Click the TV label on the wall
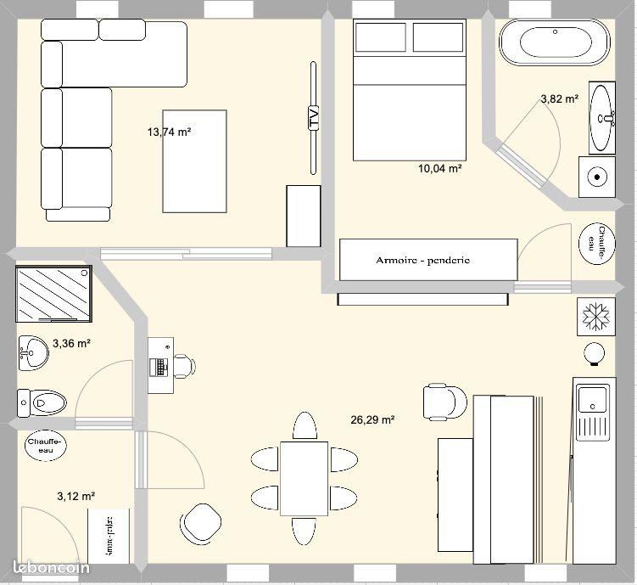314,118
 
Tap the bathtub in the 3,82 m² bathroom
554,42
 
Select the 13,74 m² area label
169,132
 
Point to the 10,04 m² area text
439,168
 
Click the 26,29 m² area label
372,419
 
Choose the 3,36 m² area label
71,344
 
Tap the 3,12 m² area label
75,496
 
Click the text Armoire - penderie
422,260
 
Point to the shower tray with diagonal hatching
53,294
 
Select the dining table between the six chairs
304,478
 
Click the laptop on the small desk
159,367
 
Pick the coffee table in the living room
195,161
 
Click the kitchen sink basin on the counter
592,397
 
